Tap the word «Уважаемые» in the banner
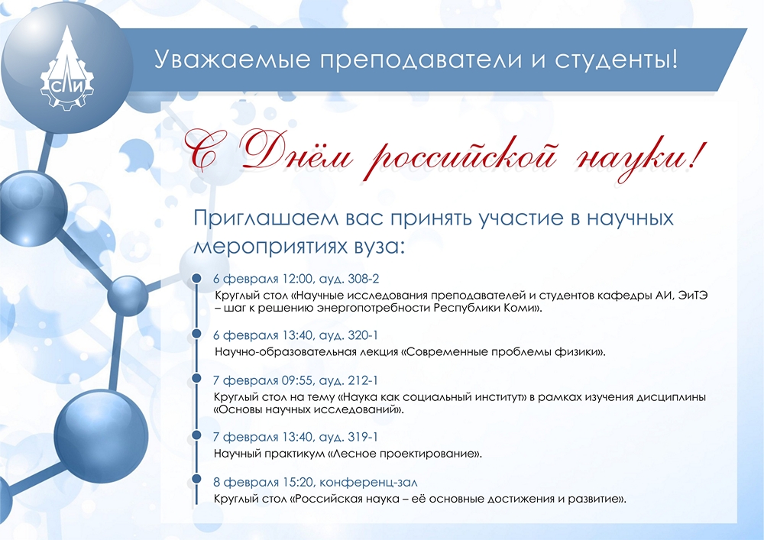click(x=232, y=60)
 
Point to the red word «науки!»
click(x=639, y=155)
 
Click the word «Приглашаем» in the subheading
click(x=266, y=218)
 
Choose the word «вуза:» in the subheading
click(x=380, y=247)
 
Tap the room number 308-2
click(x=363, y=279)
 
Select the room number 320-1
click(x=363, y=335)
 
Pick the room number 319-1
click(x=363, y=437)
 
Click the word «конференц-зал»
click(x=368, y=482)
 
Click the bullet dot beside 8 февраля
click(x=196, y=479)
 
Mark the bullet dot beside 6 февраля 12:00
click(x=196, y=277)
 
